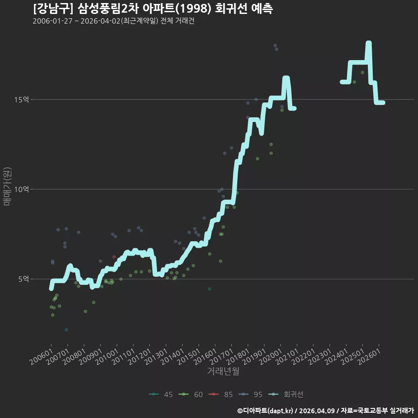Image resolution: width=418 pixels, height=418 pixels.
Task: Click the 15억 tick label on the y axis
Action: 22,100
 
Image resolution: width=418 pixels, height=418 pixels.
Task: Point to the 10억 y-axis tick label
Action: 22,189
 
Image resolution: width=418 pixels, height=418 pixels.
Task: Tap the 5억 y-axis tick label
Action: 24,279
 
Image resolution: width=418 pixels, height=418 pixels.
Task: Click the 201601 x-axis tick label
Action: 205,357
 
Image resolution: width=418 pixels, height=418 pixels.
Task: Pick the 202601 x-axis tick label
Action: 369,357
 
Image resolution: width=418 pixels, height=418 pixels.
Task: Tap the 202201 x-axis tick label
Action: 303,357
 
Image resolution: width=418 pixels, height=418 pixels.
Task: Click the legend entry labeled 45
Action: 161,394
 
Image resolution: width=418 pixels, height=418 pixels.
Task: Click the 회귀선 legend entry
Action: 286,394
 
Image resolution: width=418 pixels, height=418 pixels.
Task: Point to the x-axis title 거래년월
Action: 223,371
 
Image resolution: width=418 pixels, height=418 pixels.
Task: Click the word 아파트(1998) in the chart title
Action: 177,9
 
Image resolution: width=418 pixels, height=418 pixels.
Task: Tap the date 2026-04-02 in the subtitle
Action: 101,21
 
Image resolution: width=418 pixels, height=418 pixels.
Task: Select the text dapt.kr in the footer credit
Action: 280,411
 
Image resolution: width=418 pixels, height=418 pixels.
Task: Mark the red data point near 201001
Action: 114,257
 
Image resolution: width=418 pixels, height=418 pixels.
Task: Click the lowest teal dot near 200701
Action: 66,330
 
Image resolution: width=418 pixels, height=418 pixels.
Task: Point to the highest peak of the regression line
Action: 369,43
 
